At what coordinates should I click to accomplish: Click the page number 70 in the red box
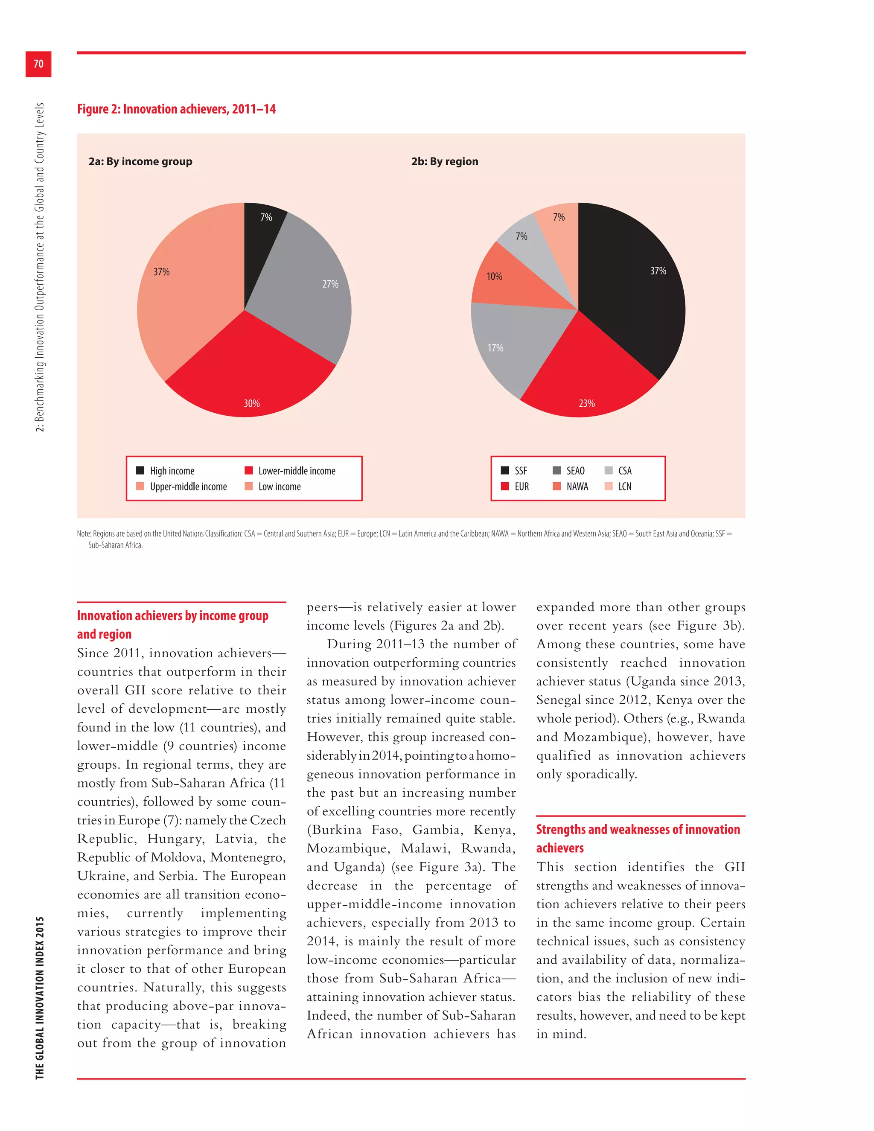(x=38, y=64)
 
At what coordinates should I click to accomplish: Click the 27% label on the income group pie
(x=330, y=284)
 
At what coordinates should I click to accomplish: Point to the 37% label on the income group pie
(x=162, y=272)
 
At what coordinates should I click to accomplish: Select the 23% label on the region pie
(x=587, y=403)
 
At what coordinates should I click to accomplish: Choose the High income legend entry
(x=172, y=471)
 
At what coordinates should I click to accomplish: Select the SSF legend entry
(x=520, y=471)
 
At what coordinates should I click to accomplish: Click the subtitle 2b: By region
(x=445, y=162)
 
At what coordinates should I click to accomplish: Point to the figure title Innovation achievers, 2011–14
(x=176, y=109)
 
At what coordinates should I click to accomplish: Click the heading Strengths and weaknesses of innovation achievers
(x=638, y=838)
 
